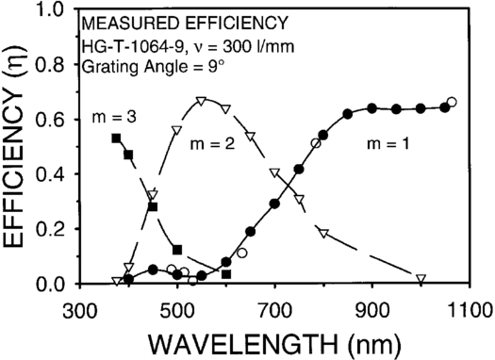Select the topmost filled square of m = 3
116,139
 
